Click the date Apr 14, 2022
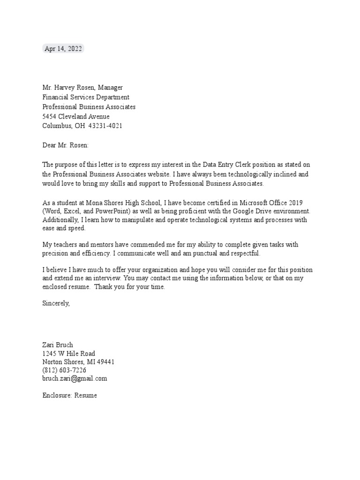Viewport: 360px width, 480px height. pos(63,49)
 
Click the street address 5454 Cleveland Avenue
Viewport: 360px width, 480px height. pos(76,117)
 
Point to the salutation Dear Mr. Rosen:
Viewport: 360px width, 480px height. pos(65,145)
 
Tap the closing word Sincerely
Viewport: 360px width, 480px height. pos(56,303)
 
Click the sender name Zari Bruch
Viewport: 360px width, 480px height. pos(58,345)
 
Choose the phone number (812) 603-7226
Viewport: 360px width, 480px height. pos(64,370)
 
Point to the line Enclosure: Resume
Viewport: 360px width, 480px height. pos(70,395)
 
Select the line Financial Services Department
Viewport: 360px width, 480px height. pos(86,97)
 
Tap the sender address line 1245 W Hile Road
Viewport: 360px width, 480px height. pos(69,353)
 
